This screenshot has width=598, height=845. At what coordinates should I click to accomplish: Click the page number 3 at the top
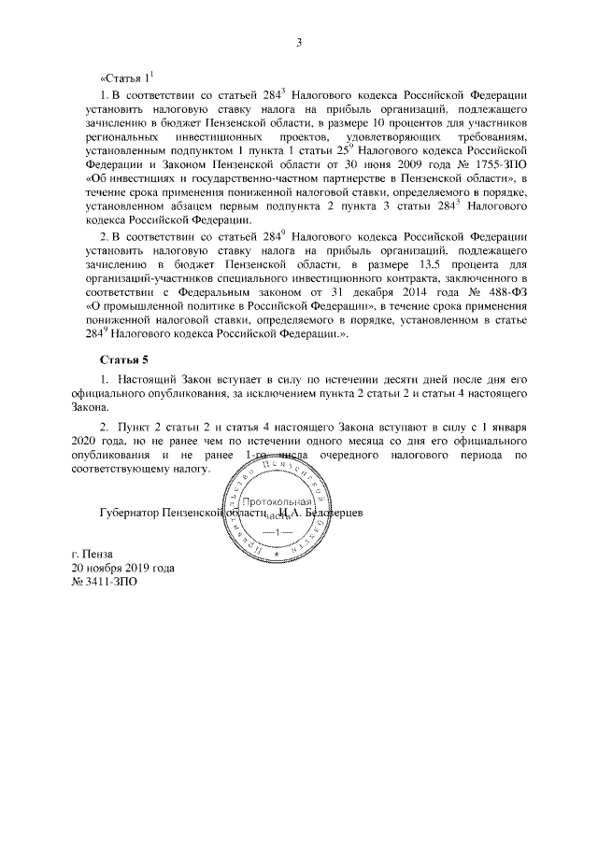299,42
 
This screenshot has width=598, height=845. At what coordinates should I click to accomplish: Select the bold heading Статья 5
124,359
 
